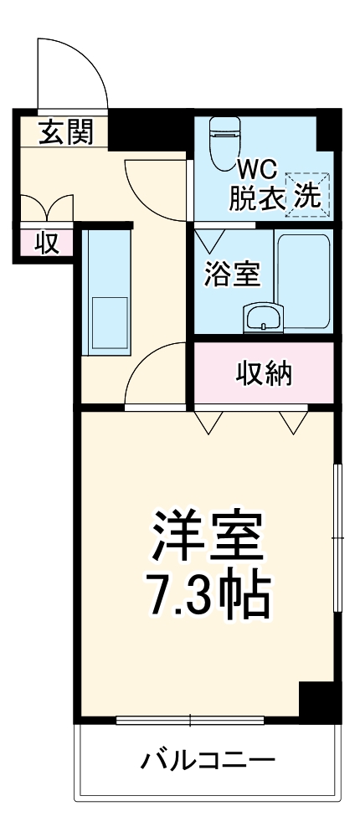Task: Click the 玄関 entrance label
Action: (64, 131)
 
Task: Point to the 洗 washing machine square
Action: (306, 194)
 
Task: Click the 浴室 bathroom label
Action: (232, 275)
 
